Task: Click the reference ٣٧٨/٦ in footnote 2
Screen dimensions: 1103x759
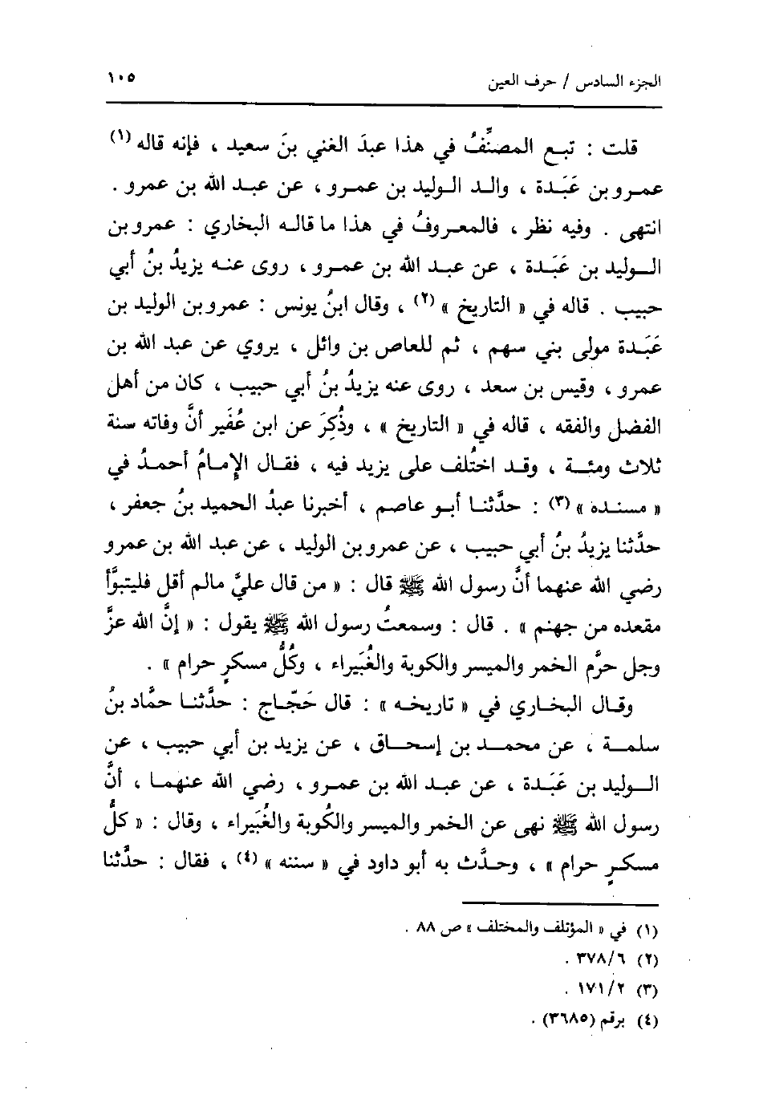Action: tap(604, 958)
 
